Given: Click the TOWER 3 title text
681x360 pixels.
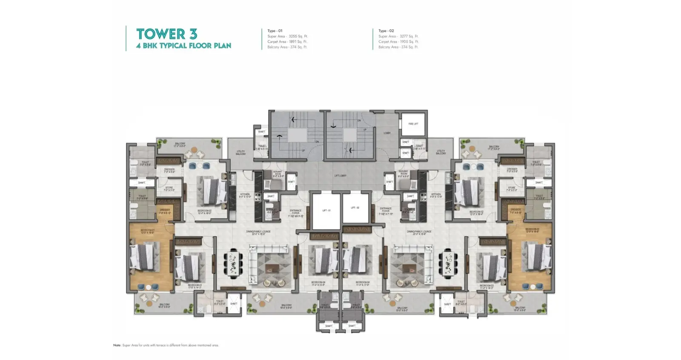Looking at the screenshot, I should (166, 34).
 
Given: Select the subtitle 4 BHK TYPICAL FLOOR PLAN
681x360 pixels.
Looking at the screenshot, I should (183, 46).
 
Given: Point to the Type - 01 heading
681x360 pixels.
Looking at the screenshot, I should (275, 31).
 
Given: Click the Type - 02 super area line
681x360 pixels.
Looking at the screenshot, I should (398, 36).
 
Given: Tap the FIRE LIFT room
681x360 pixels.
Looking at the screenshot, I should (413, 124).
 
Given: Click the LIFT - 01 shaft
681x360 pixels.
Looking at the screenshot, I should (326, 211).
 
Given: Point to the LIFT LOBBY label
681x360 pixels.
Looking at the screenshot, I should (340, 175).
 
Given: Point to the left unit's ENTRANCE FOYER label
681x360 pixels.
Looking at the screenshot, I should (295, 212).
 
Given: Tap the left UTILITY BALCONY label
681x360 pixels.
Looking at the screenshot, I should (240, 152).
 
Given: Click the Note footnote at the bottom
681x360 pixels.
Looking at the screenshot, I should (166, 345).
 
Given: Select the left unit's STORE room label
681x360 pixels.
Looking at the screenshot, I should (169, 188).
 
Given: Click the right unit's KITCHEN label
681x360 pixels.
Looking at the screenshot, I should (435, 195).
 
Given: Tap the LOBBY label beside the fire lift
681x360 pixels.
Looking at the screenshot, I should (386, 133).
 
